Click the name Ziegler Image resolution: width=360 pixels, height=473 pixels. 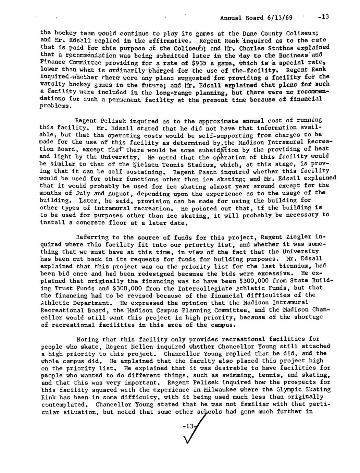298,237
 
